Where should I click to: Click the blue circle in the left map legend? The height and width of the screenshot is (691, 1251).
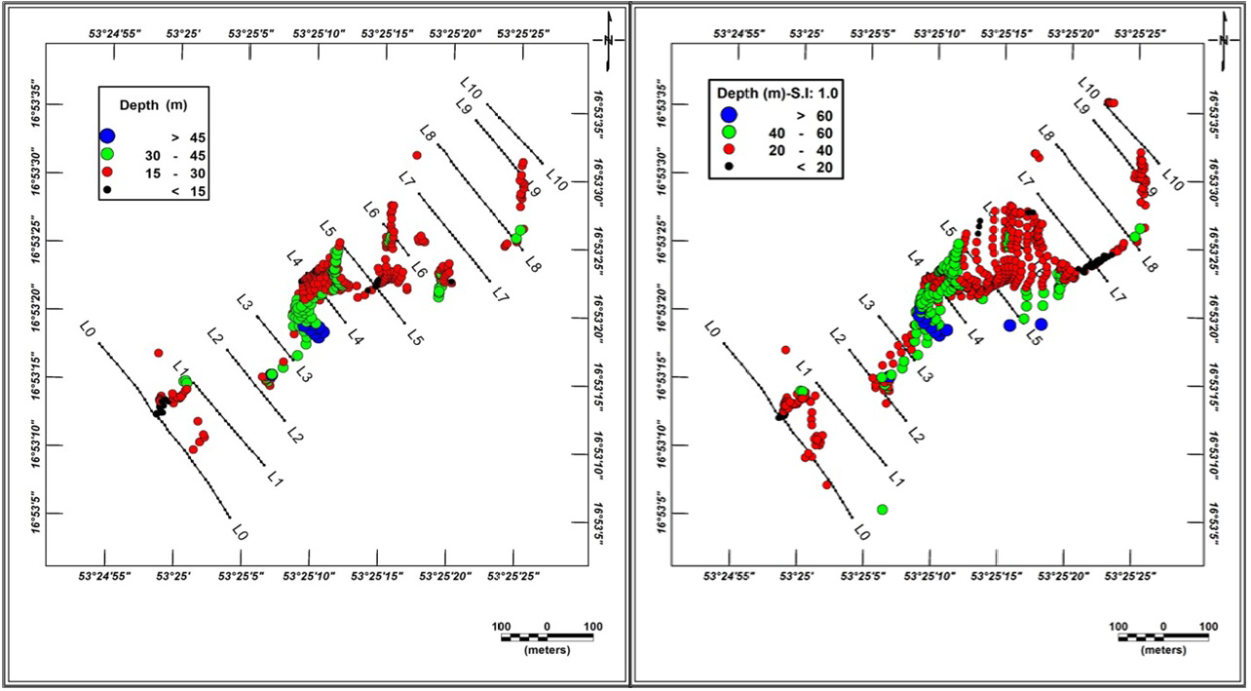coord(107,136)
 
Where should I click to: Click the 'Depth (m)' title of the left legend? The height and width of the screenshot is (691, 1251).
coord(153,104)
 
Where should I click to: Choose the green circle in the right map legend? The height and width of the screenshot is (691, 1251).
coord(729,132)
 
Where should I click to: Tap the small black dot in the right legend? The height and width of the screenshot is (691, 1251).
coord(729,167)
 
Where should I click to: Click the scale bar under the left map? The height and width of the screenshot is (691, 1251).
coord(547,636)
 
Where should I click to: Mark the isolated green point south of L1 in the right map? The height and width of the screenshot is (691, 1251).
coord(882,509)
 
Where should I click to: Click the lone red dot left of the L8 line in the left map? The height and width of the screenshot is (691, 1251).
coord(417,155)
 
